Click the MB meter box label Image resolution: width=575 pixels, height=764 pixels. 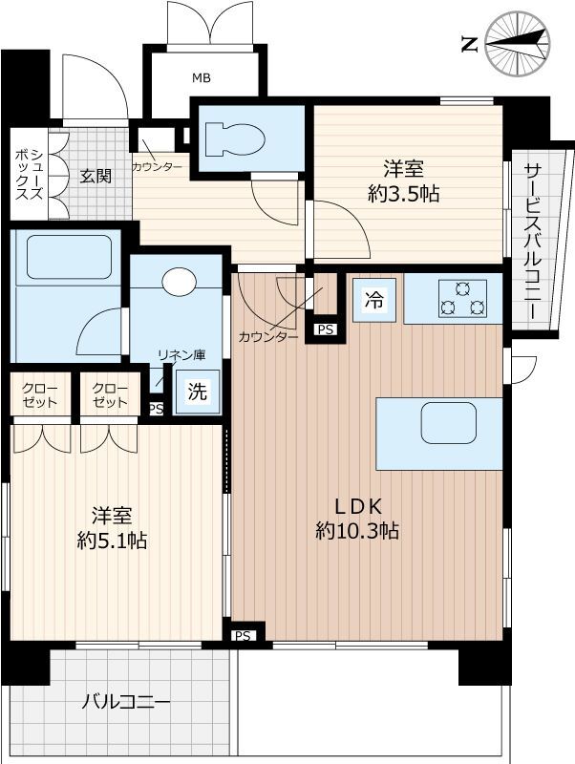pyautogui.click(x=202, y=77)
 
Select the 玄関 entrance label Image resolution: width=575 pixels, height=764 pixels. pyautogui.click(x=96, y=176)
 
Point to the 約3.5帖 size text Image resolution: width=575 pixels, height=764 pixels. pyautogui.click(x=404, y=194)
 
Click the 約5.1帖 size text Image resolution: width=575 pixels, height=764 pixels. pyautogui.click(x=112, y=540)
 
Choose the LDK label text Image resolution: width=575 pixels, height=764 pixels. pyautogui.click(x=357, y=507)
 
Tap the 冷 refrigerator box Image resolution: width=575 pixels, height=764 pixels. pyautogui.click(x=374, y=300)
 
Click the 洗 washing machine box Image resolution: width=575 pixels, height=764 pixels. pyautogui.click(x=198, y=392)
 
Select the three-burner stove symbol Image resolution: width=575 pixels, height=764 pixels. pyautogui.click(x=462, y=299)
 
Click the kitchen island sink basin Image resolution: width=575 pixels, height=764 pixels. pyautogui.click(x=448, y=422)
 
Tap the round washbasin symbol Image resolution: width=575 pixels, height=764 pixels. pyautogui.click(x=180, y=282)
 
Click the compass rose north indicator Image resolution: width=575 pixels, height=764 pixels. pyautogui.click(x=518, y=44)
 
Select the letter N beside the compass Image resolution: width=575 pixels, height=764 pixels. pyautogui.click(x=469, y=45)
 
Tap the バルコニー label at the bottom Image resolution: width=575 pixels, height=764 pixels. pyautogui.click(x=126, y=702)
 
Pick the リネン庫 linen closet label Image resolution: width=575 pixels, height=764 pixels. pyautogui.click(x=181, y=354)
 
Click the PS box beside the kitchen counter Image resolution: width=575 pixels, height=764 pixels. pyautogui.click(x=326, y=329)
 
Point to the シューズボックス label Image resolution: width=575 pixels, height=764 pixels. pyautogui.click(x=30, y=175)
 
